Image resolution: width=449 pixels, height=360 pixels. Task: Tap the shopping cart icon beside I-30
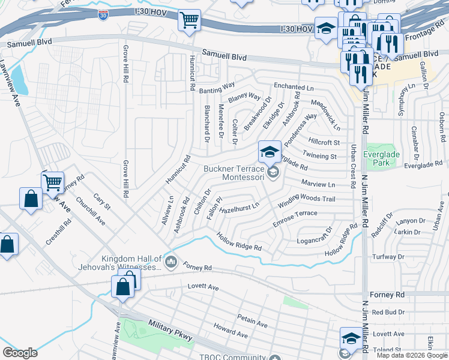click(189, 20)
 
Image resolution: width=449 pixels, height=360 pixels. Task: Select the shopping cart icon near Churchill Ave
click(53, 181)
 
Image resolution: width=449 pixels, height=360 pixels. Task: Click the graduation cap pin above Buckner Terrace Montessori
click(270, 151)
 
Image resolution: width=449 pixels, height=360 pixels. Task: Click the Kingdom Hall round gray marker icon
click(171, 261)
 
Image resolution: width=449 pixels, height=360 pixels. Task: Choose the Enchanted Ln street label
click(294, 88)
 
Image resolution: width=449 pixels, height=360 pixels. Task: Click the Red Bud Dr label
click(388, 312)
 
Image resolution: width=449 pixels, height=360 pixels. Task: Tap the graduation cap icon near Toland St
click(351, 338)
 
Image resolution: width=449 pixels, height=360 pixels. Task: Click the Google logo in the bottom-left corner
click(20, 352)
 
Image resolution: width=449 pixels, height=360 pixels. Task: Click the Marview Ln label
click(318, 184)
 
